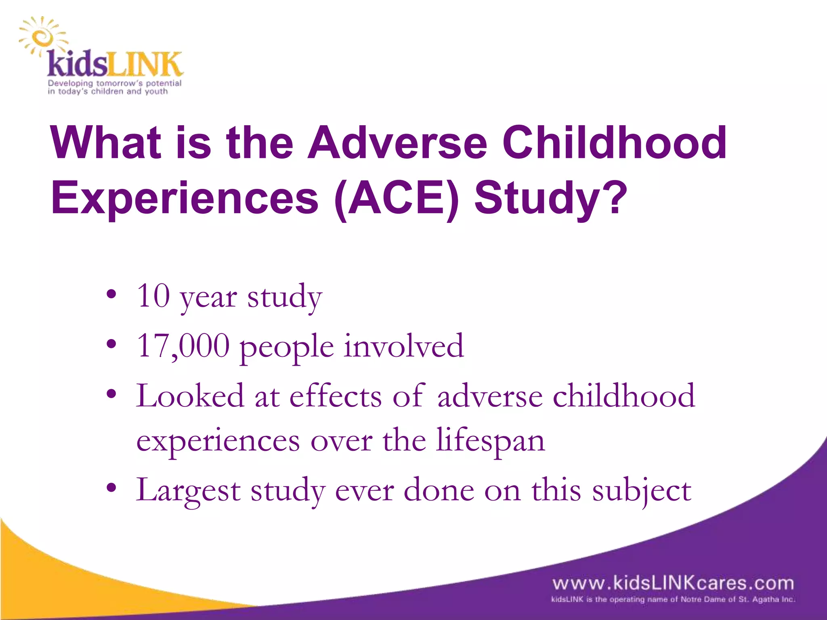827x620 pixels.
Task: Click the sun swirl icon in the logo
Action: tap(41, 38)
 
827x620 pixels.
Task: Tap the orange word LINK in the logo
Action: tap(144, 65)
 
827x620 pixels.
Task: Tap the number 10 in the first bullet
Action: tap(153, 295)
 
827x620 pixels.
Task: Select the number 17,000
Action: tap(183, 346)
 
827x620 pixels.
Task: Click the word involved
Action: tap(403, 346)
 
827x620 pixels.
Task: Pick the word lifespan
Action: tap(491, 441)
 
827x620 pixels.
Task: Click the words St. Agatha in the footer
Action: tap(760, 599)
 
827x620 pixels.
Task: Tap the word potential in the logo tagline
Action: tap(163, 83)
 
